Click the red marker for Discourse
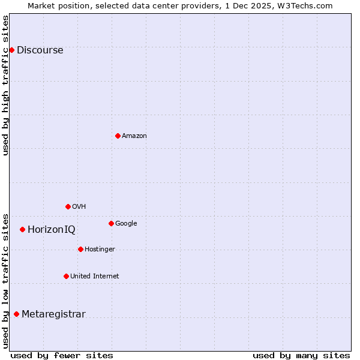pos(11,50)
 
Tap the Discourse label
pos(40,50)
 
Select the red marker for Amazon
pos(118,136)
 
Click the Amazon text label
pos(134,136)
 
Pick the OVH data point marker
pos(68,206)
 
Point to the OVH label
pos(79,207)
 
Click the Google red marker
pos(111,223)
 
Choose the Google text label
pos(126,224)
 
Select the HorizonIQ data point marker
pos(22,229)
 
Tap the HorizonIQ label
pos(52,230)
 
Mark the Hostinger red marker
pos(80,249)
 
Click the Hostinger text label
pos(100,250)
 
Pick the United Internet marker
pos(66,276)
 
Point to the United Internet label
pos(94,277)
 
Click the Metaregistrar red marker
pos(16,314)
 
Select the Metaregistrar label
pos(53,314)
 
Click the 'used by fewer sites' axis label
pos(62,355)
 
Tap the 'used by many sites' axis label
pos(301,355)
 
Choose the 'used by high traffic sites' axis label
pos(6,85)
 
